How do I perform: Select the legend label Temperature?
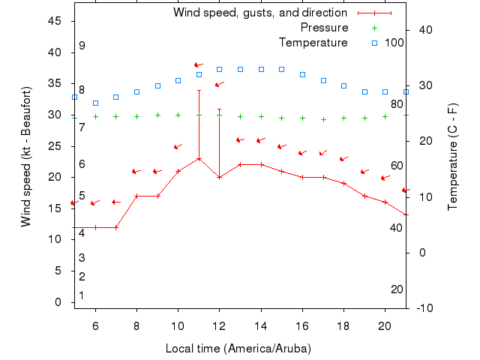(x=313, y=42)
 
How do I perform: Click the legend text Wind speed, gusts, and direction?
(x=260, y=13)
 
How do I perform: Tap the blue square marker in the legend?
(x=374, y=42)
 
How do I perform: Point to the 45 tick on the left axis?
(x=55, y=21)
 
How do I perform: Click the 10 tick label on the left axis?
(x=55, y=239)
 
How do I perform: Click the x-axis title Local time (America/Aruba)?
(x=238, y=349)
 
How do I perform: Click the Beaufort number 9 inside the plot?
(x=82, y=46)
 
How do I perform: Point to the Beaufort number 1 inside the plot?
(x=82, y=295)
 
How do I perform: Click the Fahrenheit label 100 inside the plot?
(x=394, y=42)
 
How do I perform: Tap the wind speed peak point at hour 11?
(x=199, y=158)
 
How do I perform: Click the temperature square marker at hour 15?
(x=281, y=69)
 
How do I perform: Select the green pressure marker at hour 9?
(x=157, y=115)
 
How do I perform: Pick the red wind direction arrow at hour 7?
(x=116, y=202)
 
